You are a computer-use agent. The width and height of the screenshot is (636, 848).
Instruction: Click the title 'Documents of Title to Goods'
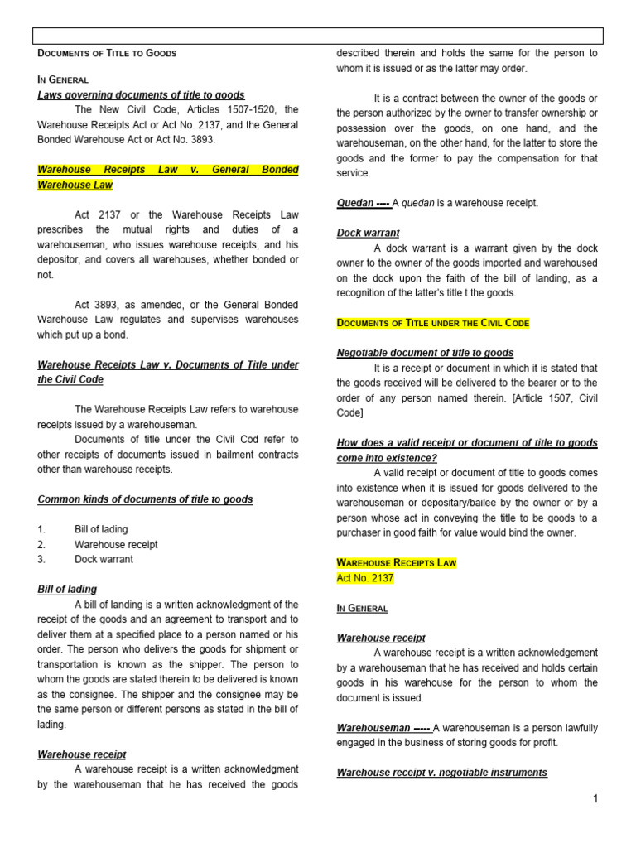pyautogui.click(x=107, y=53)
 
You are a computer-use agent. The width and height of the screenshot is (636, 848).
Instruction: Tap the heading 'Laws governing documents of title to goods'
pyautogui.click(x=141, y=95)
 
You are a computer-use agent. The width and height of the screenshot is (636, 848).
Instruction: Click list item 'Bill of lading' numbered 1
pyautogui.click(x=101, y=529)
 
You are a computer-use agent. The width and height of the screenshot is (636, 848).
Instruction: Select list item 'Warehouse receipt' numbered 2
pyautogui.click(x=116, y=544)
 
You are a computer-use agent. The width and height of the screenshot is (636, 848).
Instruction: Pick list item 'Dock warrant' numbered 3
pyautogui.click(x=104, y=559)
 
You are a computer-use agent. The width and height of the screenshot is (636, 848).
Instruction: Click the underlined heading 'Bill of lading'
pyautogui.click(x=67, y=590)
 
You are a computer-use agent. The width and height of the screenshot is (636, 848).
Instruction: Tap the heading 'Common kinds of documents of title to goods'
pyautogui.click(x=145, y=499)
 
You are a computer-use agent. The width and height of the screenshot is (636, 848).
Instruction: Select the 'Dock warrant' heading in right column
pyautogui.click(x=368, y=234)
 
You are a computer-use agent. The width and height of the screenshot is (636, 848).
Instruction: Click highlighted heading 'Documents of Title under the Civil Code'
pyautogui.click(x=433, y=323)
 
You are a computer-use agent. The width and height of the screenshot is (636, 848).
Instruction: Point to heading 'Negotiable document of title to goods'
pyautogui.click(x=425, y=353)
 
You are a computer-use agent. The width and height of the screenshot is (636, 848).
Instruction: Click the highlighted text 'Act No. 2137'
pyautogui.click(x=365, y=578)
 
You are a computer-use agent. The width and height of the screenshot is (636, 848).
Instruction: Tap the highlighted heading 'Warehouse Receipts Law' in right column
pyautogui.click(x=396, y=563)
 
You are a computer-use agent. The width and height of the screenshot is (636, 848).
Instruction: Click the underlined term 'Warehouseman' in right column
pyautogui.click(x=373, y=728)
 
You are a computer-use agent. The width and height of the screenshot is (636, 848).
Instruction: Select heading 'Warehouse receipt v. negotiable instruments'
pyautogui.click(x=441, y=773)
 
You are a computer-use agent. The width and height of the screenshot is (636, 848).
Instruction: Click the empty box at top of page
pyautogui.click(x=318, y=35)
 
